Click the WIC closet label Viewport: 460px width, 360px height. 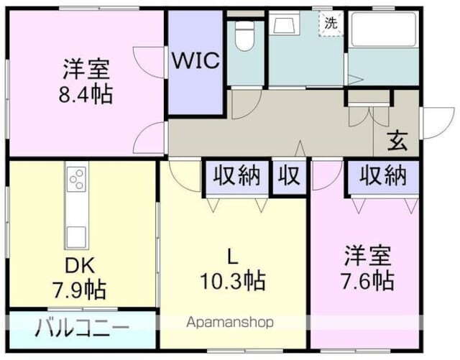(x=194, y=60)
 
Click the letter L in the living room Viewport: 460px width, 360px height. (x=232, y=254)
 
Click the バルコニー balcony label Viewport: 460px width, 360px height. (x=83, y=328)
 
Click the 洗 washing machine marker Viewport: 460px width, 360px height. (x=331, y=22)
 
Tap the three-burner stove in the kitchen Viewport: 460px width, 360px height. (x=77, y=178)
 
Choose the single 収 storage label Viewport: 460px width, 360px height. (x=290, y=176)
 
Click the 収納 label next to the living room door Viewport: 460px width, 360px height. (x=236, y=176)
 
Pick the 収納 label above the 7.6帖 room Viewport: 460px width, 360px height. (x=382, y=175)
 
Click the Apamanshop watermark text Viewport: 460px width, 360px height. (x=230, y=322)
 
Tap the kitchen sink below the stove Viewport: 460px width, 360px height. (x=76, y=235)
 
